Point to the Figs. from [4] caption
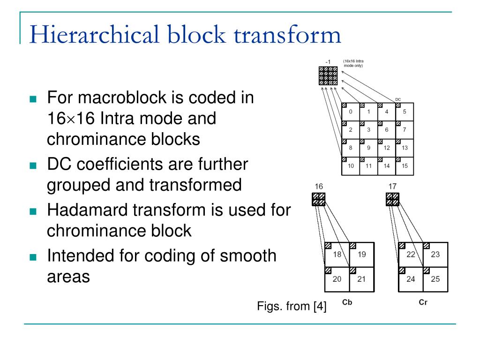(x=292, y=307)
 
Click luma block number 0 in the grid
(x=351, y=112)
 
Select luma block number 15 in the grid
(x=405, y=165)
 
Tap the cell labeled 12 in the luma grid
(x=387, y=148)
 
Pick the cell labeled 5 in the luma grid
(x=405, y=112)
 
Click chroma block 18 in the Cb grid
(x=337, y=255)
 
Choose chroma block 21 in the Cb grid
(x=361, y=279)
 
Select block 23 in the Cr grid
(x=435, y=255)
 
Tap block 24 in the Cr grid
(x=410, y=279)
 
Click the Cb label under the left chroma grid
(x=347, y=302)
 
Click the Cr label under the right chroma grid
(x=423, y=302)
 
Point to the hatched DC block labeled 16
(x=319, y=199)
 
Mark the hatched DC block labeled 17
(x=393, y=199)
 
